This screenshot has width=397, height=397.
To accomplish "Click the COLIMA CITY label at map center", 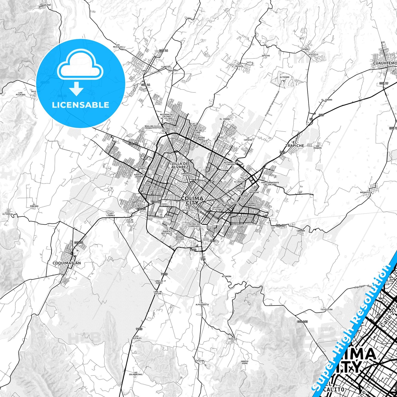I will pos(192,201).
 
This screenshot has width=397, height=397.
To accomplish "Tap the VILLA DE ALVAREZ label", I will pos(180,165).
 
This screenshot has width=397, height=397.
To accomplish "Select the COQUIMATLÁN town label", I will pos(66,263).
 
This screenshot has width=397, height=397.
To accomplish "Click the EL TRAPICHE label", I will pos(295,144).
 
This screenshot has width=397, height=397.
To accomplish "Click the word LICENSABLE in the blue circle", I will pos(81,105).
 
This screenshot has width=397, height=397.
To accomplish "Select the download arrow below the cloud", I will pos(76,89).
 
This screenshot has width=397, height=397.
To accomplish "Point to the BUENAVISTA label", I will pos(366,193).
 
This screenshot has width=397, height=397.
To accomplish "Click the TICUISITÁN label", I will pos(326,309).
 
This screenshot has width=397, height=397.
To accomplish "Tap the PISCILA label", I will pos(233,339).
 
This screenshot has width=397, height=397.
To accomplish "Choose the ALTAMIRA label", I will pos(227,276).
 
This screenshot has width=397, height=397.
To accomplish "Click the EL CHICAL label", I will pos(7,214).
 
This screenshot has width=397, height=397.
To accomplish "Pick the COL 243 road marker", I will pos(302,321).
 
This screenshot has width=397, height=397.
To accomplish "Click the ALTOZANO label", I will pos(284,77).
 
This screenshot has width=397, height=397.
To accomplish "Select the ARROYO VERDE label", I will pos(245,362).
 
